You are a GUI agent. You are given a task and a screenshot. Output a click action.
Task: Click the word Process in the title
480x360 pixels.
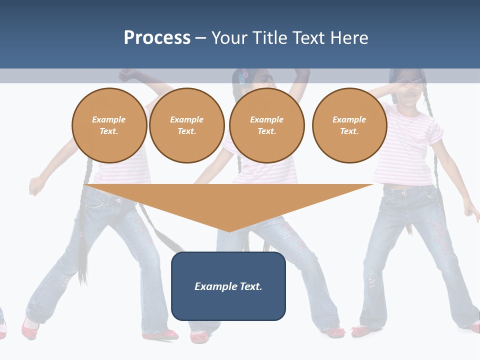click(x=157, y=38)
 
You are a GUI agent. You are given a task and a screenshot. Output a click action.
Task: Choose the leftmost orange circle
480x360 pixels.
click(x=109, y=125)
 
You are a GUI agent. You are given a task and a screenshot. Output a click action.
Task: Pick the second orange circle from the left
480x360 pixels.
click(x=187, y=125)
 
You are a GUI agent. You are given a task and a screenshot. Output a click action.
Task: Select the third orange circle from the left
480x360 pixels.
click(x=267, y=125)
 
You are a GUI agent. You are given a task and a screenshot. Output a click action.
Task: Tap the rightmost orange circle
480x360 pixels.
click(x=349, y=125)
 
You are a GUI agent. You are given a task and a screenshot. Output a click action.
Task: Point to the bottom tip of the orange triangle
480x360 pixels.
click(x=228, y=230)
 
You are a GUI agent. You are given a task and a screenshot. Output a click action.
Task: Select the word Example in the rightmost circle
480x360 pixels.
click(x=349, y=119)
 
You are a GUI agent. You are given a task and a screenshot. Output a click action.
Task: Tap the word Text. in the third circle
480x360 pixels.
click(x=267, y=131)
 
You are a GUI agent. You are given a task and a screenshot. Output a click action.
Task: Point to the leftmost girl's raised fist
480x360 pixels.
click(x=127, y=75)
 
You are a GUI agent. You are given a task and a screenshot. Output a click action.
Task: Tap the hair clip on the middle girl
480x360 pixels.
click(x=244, y=76)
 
